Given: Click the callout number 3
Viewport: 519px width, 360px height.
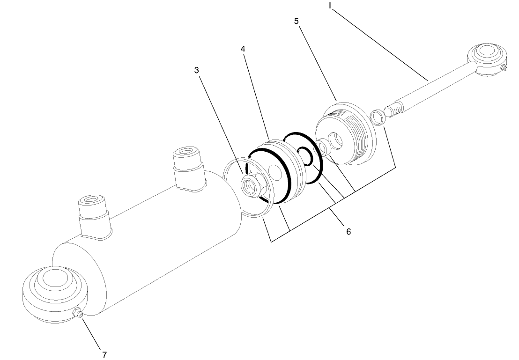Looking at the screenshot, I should point(197,70).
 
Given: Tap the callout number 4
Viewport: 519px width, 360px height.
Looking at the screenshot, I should point(244,49).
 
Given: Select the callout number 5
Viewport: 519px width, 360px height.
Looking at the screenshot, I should point(297,21).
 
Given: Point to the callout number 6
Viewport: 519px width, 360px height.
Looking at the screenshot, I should point(348,231).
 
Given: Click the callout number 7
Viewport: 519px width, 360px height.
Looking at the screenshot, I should point(104,354).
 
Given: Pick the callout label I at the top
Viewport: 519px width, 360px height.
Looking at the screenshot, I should point(330,6).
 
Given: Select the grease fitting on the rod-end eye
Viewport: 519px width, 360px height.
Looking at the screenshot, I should point(504,68).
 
